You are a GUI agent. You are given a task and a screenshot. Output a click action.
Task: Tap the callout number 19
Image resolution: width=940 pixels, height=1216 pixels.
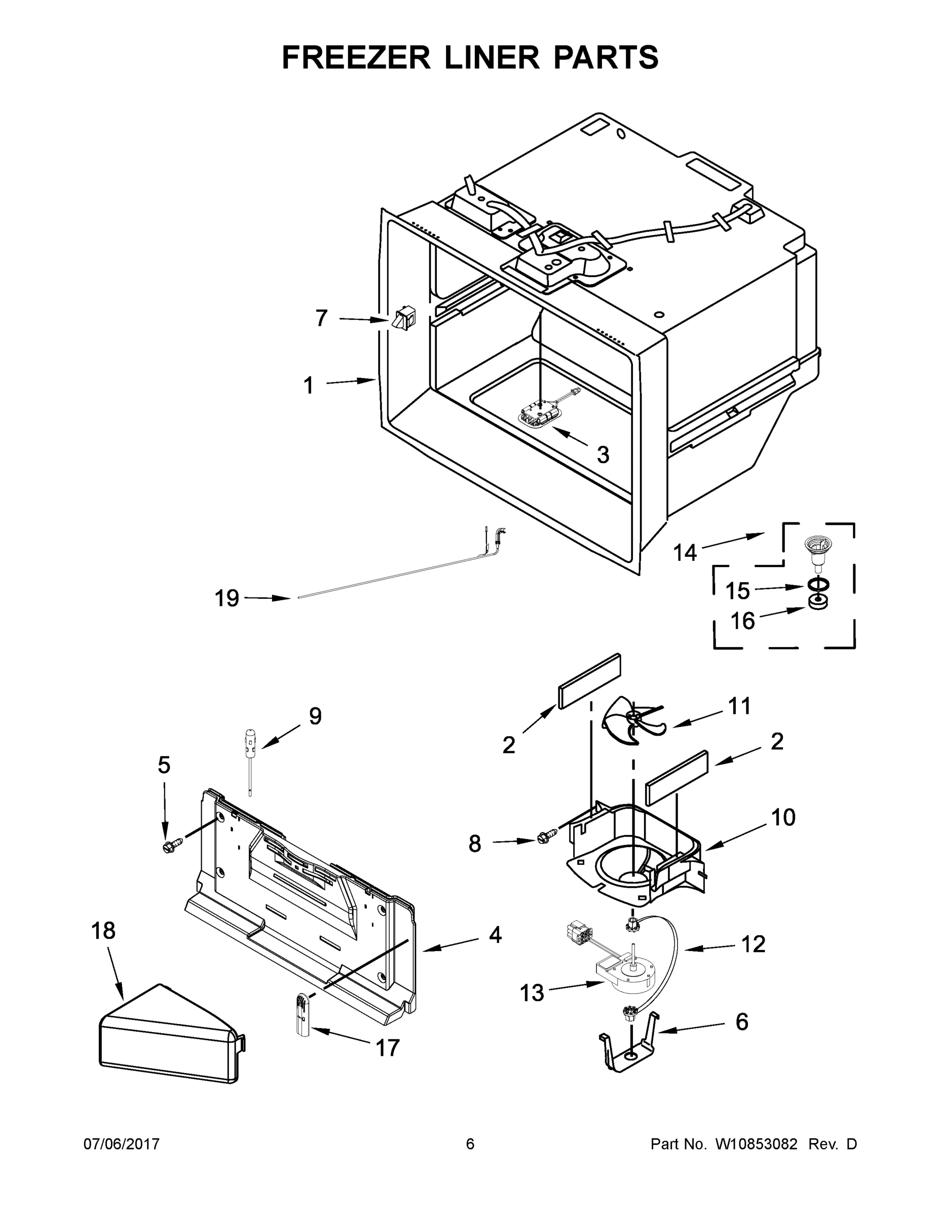click(x=227, y=598)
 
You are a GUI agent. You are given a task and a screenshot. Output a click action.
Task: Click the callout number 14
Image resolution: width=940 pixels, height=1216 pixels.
click(x=685, y=553)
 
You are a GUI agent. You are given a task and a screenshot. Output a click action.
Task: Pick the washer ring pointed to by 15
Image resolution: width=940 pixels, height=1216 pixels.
click(x=816, y=585)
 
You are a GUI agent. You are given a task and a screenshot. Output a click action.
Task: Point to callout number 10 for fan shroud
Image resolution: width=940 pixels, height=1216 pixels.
click(x=783, y=817)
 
